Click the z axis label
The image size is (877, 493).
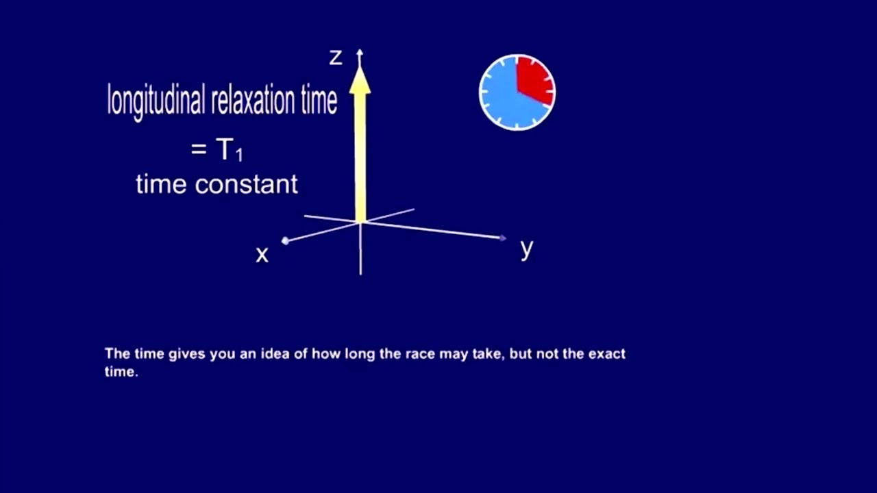tap(335, 58)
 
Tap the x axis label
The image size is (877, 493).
tap(262, 255)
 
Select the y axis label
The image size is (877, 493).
tap(526, 249)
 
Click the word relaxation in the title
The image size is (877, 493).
tap(254, 101)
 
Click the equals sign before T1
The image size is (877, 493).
tap(199, 149)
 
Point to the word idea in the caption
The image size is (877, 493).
tap(275, 354)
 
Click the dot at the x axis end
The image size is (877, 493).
tap(285, 240)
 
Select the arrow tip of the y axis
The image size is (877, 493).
tap(504, 238)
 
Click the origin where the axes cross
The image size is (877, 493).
tap(360, 222)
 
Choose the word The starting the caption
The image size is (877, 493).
tap(116, 354)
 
